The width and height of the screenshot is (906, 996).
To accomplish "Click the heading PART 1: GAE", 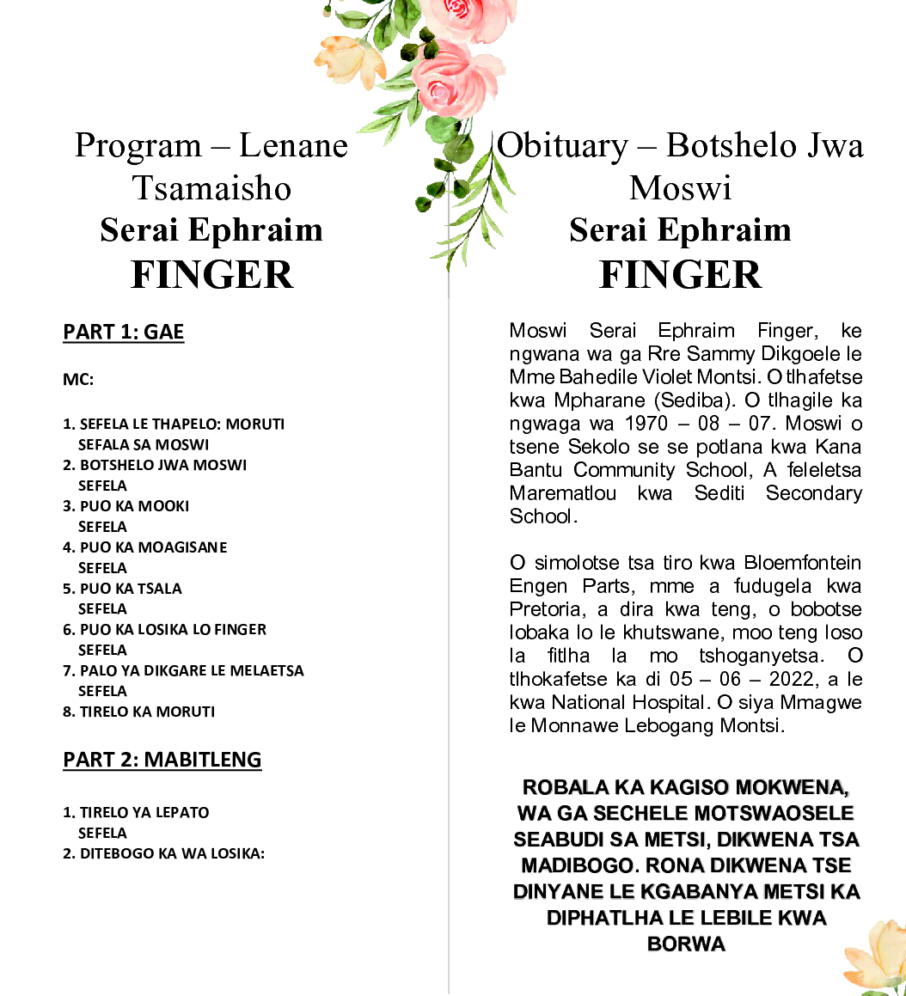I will pos(124,332).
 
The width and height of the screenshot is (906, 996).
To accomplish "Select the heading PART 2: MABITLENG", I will pos(162,760).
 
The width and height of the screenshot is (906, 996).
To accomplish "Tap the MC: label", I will pos(78,380).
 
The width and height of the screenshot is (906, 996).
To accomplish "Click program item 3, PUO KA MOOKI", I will pos(126,506).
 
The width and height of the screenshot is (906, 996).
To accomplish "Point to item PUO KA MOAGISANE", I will pos(145,547).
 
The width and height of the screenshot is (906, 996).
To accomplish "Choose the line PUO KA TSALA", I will pos(123,589).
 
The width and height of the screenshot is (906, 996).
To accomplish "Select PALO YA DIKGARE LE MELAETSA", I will pos(183,670).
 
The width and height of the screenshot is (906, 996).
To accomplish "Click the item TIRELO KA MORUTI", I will pos(139,712).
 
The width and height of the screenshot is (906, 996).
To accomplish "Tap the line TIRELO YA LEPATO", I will pos(136,812).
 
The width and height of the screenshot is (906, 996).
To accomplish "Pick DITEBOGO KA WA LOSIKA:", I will pos(163,853).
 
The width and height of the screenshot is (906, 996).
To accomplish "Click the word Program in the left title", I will pos(138,145).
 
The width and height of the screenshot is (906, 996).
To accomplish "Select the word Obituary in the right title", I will pos(563,145).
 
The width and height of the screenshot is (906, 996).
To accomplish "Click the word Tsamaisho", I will pos(211,188).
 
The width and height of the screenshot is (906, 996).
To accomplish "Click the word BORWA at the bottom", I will pos(686,944).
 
